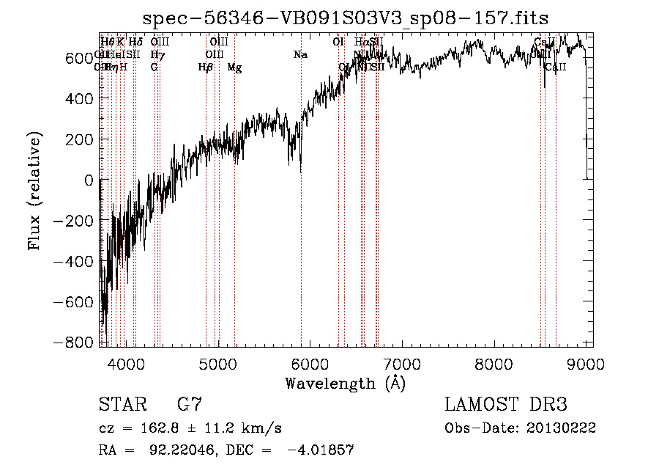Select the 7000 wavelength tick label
(402, 362)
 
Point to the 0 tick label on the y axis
(89, 180)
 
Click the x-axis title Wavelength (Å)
(345, 383)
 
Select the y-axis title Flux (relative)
(34, 191)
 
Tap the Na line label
(300, 55)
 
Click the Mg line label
(234, 67)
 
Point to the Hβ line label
(206, 67)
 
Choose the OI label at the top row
(338, 43)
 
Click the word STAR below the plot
(122, 405)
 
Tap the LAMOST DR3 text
(505, 405)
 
